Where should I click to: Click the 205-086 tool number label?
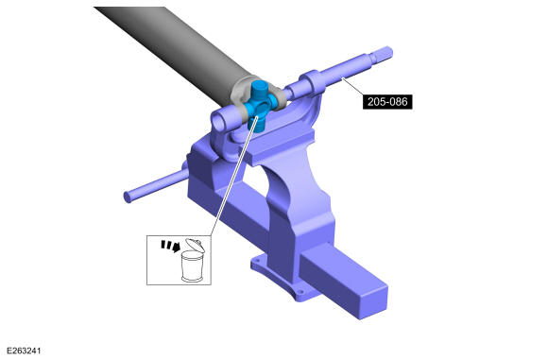[x=387, y=102]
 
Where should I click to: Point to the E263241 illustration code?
[x=25, y=351]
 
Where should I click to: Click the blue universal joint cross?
[x=260, y=106]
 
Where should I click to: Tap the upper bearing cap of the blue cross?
[x=260, y=86]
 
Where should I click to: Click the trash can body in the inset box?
[x=192, y=266]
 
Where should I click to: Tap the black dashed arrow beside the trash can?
[x=171, y=246]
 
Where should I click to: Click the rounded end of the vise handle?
[x=128, y=197]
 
